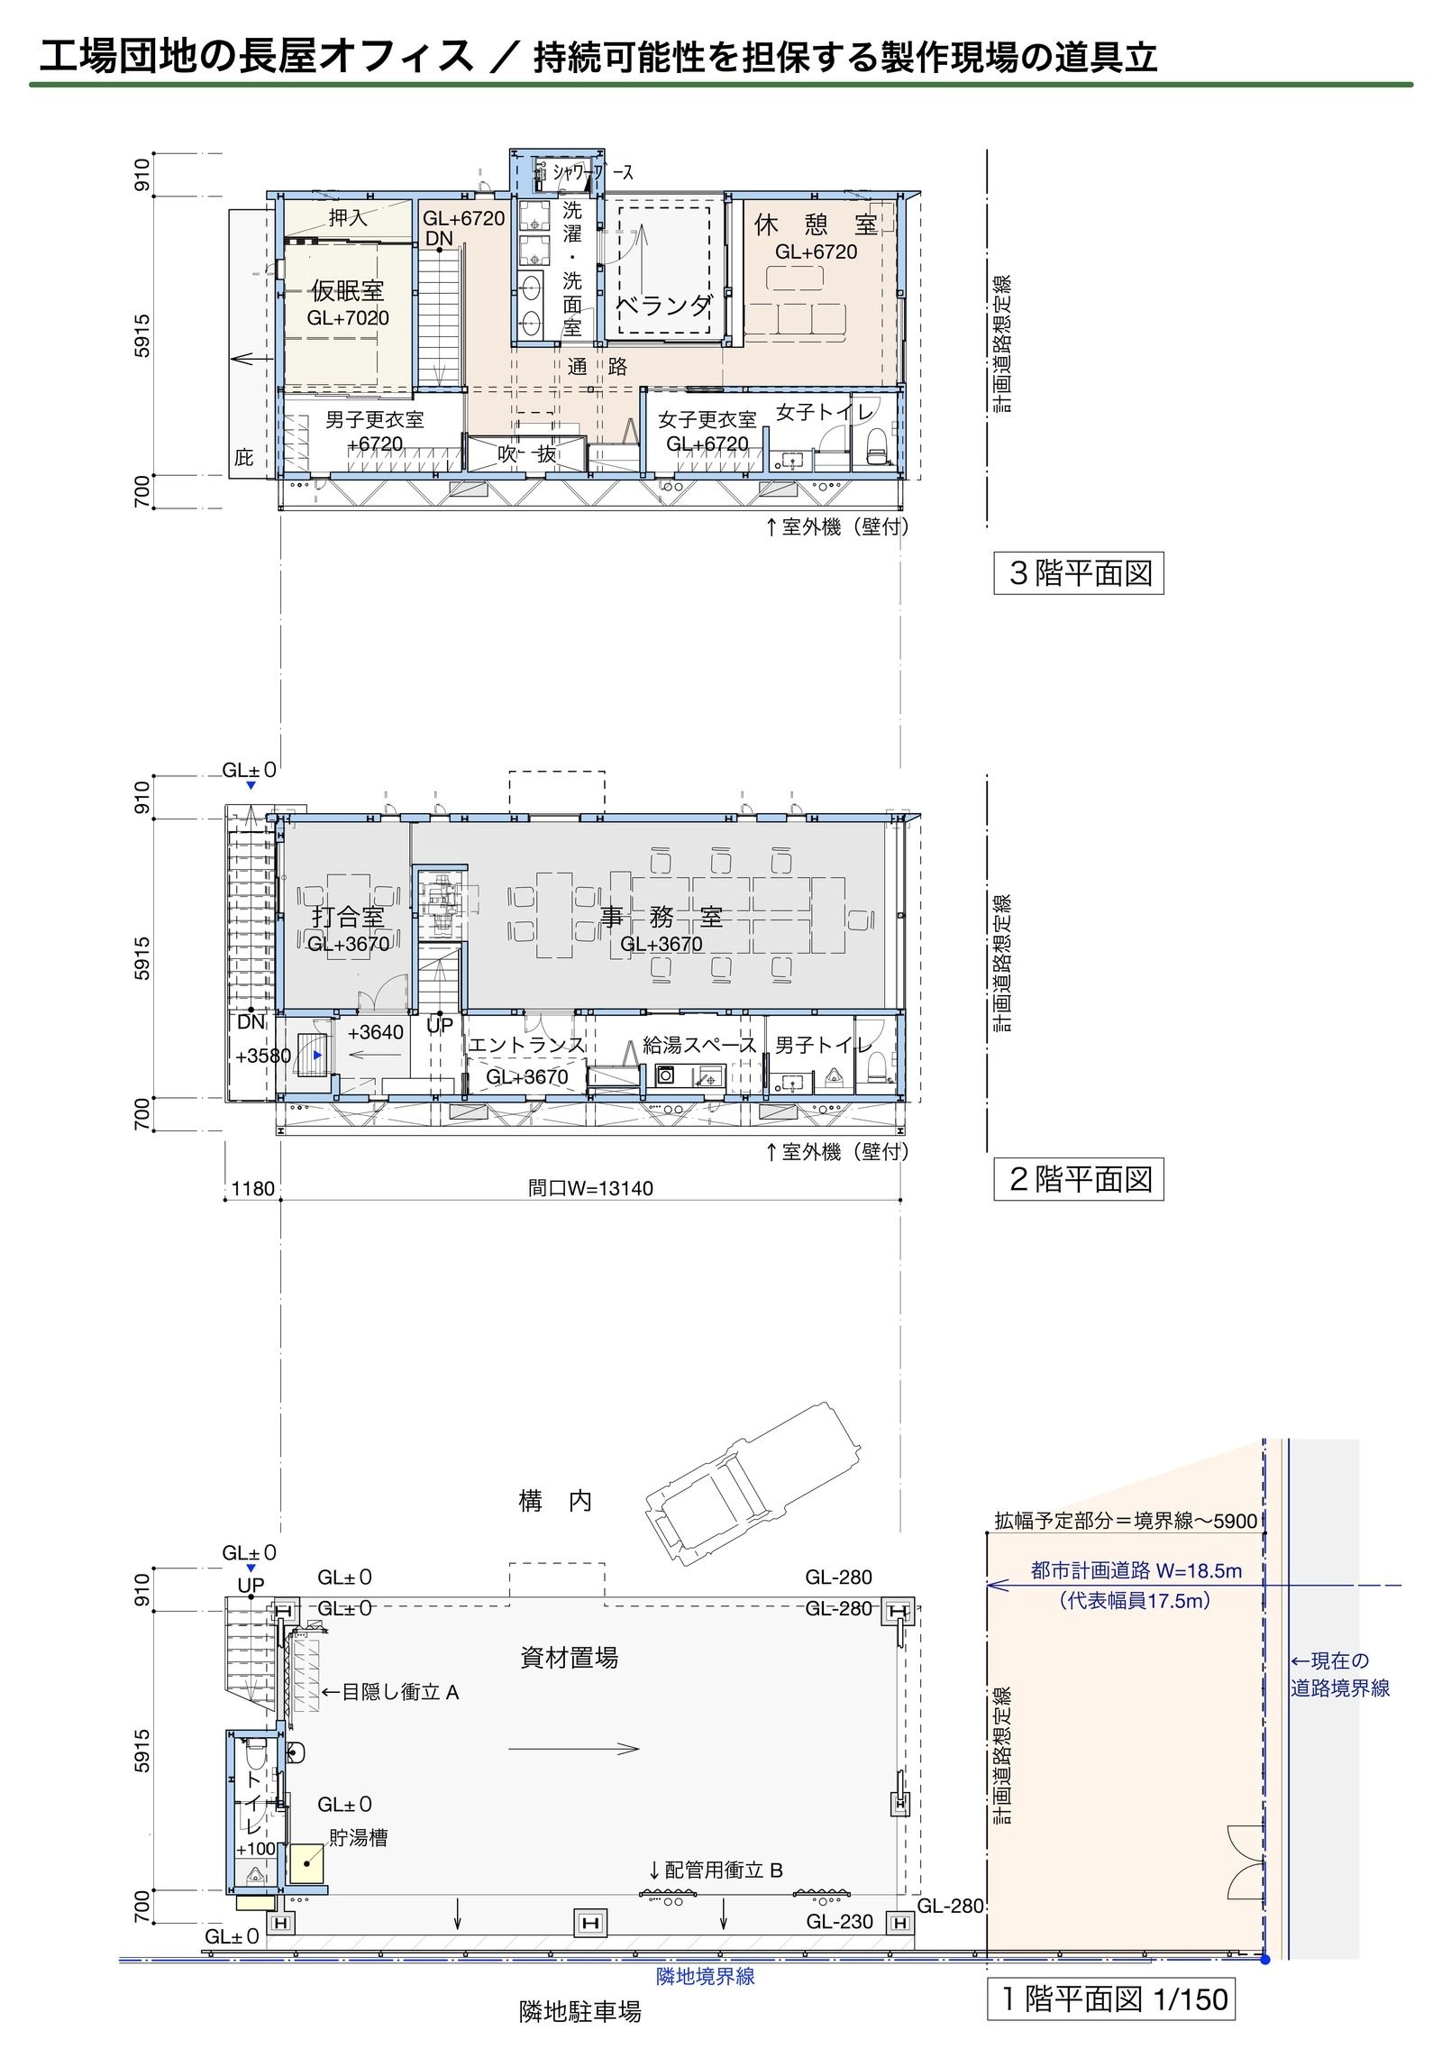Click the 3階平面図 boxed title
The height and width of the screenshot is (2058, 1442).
(x=1078, y=573)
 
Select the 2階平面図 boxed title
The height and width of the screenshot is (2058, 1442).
(x=1078, y=1179)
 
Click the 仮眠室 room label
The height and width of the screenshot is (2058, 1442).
(x=348, y=290)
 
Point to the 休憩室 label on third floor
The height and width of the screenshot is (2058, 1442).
(x=816, y=225)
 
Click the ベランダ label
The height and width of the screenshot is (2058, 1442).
(x=664, y=306)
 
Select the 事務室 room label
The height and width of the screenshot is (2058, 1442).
(x=662, y=918)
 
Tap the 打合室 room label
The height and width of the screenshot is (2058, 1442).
(x=348, y=918)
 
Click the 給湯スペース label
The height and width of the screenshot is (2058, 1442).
(x=699, y=1045)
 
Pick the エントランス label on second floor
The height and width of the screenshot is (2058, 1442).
(x=526, y=1045)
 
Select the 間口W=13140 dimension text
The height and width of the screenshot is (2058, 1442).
(x=590, y=1188)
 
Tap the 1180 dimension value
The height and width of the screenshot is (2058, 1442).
(x=252, y=1188)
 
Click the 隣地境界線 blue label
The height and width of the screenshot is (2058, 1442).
(x=705, y=1976)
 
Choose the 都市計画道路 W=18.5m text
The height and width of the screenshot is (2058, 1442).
(x=1136, y=1570)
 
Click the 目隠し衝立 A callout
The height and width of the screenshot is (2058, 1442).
(x=390, y=1692)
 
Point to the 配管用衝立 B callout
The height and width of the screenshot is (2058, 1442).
(x=716, y=1870)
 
